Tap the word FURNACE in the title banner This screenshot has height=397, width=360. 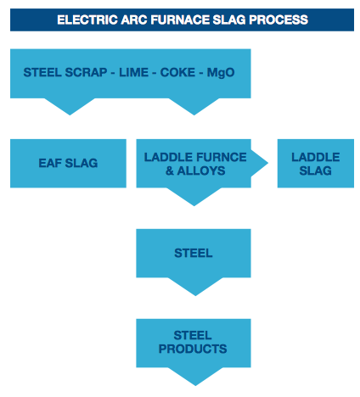tap(180, 20)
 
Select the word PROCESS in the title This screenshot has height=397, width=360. tap(278, 20)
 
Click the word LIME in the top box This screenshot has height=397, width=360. tap(133, 73)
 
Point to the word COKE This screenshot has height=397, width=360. tap(177, 73)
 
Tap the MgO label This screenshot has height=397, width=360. tap(221, 73)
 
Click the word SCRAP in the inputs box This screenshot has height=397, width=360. tap(86, 73)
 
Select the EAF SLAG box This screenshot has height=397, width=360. tap(68, 163)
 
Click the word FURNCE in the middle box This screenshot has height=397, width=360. tap(221, 157)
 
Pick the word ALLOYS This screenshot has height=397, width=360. tap(201, 171)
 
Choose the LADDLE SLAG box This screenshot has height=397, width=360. tap(316, 163)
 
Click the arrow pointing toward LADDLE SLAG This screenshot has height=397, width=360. tap(259, 163)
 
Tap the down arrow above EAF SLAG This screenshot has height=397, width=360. tap(70, 107)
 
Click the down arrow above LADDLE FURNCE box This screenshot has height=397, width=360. tap(194, 107)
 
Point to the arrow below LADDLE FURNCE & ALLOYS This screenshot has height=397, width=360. tap(194, 197)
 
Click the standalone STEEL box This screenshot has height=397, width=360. tap(194, 253)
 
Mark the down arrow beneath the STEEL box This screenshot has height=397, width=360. tap(195, 287)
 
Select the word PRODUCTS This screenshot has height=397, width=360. tap(193, 349)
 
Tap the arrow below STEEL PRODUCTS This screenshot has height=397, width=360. tap(195, 377)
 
